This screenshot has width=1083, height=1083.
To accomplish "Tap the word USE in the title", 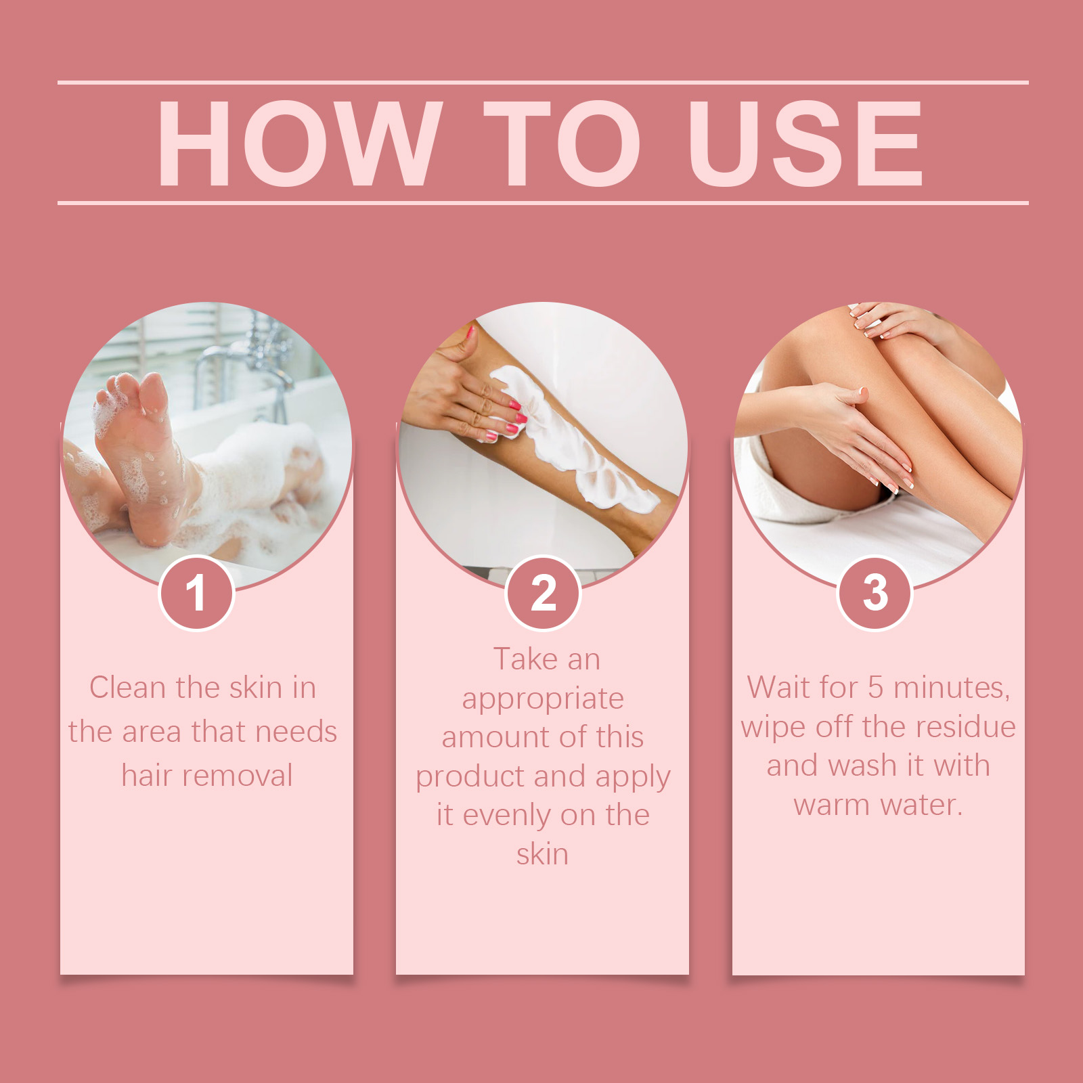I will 805,143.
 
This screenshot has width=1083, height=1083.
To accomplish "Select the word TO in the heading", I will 562,143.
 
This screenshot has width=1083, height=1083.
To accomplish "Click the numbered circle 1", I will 196,593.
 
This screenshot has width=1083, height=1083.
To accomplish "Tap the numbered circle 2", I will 543,593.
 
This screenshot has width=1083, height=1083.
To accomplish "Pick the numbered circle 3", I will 875,593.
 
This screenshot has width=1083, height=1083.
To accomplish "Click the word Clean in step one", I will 128,688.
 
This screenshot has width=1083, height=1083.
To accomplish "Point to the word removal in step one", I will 237,776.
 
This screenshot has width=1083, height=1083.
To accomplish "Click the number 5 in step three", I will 876,688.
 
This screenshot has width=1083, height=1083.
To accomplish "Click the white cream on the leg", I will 582,447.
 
